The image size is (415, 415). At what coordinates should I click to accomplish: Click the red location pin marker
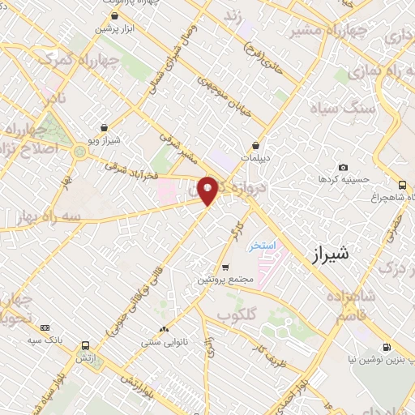tap(208, 190)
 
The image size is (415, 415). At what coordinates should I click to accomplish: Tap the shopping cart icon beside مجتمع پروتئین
tap(225, 267)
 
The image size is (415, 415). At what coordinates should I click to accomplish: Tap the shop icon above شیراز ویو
tap(104, 127)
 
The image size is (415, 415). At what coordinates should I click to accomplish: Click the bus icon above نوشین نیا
tap(386, 344)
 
